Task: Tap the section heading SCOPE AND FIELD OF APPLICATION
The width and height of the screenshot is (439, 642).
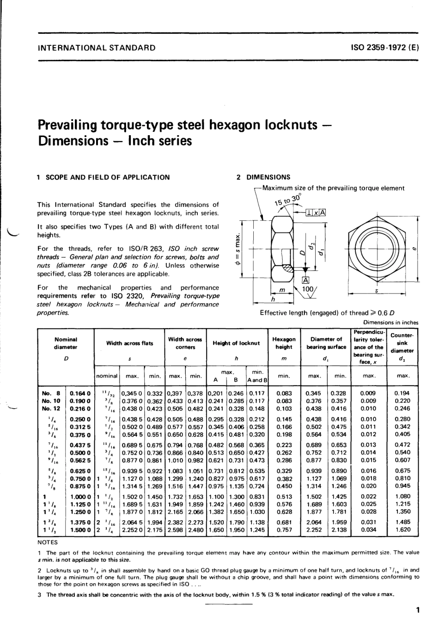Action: coord(107,177)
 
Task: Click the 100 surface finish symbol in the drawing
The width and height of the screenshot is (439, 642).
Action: coord(307,289)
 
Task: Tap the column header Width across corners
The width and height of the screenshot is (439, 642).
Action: coord(185,343)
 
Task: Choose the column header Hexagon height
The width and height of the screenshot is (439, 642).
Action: coord(284,343)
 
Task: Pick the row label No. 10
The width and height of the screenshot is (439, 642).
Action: coord(51,401)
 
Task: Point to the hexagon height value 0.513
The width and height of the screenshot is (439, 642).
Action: coord(284,496)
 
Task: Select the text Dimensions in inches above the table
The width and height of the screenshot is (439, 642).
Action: coord(390,323)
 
